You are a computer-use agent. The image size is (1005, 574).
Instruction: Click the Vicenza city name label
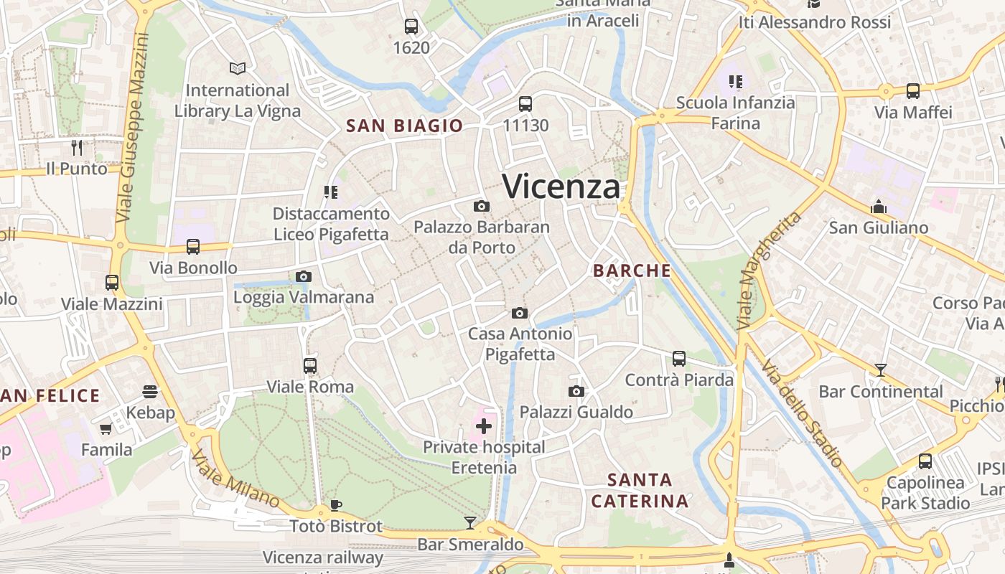pos(561,187)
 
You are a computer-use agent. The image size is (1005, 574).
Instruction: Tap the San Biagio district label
pos(404,126)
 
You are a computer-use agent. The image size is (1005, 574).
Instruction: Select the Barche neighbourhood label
pos(632,270)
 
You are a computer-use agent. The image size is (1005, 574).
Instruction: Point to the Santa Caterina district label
pos(640,490)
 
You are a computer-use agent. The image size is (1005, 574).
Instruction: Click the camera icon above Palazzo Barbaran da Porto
pos(482,207)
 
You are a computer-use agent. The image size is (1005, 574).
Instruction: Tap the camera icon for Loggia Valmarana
pos(304,277)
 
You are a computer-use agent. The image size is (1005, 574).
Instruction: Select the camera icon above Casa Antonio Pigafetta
pos(520,314)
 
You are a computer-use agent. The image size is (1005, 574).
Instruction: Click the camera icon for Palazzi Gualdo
pos(576,391)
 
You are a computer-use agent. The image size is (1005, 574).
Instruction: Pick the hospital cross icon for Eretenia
pos(484,426)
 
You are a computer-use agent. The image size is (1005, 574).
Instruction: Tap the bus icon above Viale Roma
pos(310,366)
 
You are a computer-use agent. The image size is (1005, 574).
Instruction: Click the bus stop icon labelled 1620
pos(411,27)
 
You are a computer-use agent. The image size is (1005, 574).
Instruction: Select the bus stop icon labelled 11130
pos(525,104)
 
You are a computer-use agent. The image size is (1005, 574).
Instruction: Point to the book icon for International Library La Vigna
pos(238,68)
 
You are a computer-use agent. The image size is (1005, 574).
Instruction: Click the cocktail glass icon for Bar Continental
pos(880,370)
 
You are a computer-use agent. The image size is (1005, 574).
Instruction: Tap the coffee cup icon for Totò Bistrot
pos(335,505)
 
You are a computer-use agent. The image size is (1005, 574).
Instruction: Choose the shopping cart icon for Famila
pos(106,428)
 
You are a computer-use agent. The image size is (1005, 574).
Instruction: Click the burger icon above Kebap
pos(150,391)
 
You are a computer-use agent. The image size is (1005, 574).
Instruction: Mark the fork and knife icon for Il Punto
pos(77,148)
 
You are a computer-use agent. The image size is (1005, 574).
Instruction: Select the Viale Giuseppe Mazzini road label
pos(134,128)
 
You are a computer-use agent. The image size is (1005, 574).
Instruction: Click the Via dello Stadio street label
pos(802,413)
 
